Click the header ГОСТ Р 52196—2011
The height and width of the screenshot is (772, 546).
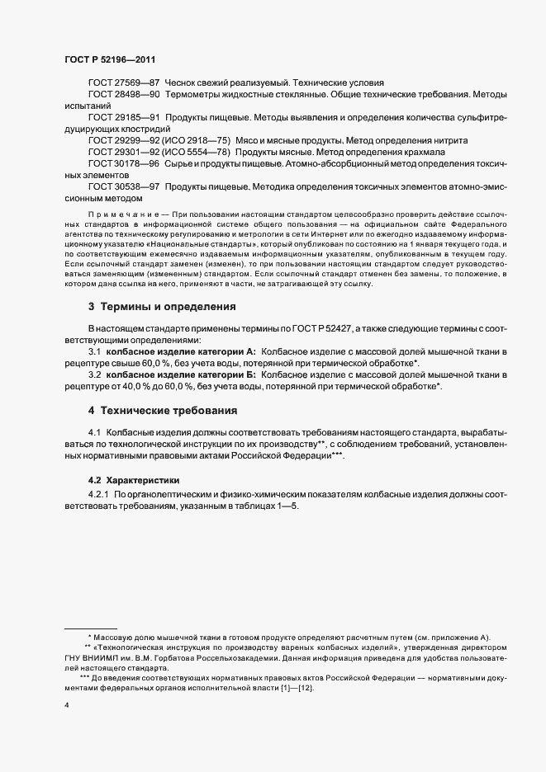(109, 60)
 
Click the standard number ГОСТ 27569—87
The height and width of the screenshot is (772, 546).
(124, 84)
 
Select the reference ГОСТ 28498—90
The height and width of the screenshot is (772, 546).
(124, 96)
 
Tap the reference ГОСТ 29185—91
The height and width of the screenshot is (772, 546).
(124, 118)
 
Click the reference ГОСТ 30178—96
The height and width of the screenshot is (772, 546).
(124, 164)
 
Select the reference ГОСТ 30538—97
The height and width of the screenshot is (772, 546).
(124, 187)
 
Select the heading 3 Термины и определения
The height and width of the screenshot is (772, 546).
(163, 307)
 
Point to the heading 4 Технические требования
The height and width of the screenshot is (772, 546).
(163, 410)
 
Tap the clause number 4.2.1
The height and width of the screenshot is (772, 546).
(99, 494)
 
